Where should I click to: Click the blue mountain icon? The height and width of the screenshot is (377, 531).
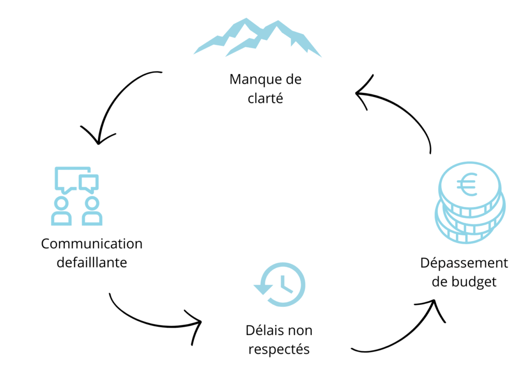point(258,38)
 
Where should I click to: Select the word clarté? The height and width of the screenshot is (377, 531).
point(265,98)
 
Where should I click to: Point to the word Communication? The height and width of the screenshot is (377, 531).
point(92,244)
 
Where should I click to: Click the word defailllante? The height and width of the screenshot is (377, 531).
point(92,262)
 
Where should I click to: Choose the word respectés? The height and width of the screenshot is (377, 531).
point(279,349)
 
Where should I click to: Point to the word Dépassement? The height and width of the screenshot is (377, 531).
point(464,263)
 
